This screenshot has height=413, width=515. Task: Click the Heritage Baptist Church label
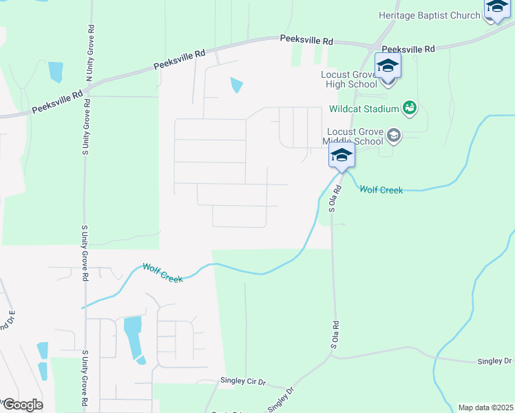point(430,15)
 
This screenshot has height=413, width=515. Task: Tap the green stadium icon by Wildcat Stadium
point(410,108)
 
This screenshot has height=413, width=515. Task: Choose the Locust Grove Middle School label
point(353,136)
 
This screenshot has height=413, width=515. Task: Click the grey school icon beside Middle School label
point(393,136)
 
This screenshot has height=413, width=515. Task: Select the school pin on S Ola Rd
point(341,156)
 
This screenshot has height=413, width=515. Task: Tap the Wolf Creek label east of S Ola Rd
point(381,190)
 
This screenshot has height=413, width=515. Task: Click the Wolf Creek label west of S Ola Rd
point(162,273)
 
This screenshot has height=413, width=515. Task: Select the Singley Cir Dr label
point(243,381)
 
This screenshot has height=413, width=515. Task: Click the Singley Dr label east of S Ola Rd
point(495,361)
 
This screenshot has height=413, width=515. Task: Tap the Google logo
point(22,404)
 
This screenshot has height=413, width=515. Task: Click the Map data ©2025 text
point(485,407)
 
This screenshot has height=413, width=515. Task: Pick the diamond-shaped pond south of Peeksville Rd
point(236,85)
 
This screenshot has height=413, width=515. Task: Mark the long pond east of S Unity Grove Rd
point(133,337)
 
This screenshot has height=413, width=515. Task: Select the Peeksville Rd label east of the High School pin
point(409,50)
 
